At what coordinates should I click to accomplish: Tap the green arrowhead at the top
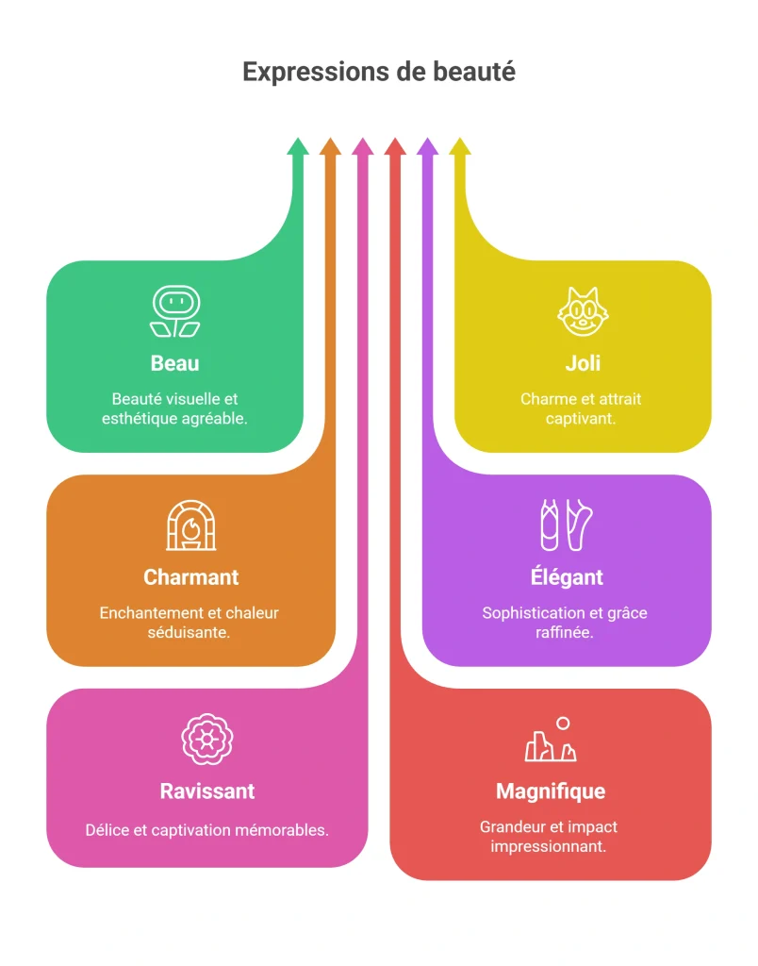pos(298,146)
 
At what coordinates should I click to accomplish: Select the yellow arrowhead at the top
pos(460,146)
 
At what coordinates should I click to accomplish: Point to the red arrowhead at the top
pos(395,146)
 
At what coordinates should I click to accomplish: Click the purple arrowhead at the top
pos(427,146)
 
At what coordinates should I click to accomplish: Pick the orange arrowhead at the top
pos(331,146)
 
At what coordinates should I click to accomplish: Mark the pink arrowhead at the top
pos(363,146)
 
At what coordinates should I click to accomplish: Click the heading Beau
pos(174,363)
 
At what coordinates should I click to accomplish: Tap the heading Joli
pos(583,363)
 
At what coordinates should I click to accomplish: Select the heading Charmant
pos(190,577)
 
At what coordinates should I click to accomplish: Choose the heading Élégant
pos(568,576)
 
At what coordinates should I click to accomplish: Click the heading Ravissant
pos(207,791)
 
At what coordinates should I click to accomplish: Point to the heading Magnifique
pos(551,791)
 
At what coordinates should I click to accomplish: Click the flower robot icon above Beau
pos(175,311)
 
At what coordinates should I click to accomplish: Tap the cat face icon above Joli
pos(583,311)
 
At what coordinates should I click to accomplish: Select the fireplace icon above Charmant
pos(191,525)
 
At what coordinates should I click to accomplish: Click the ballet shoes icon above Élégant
pos(567,525)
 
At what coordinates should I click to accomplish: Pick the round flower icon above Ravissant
pos(207,740)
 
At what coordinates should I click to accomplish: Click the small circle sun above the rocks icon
pos(563,724)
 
